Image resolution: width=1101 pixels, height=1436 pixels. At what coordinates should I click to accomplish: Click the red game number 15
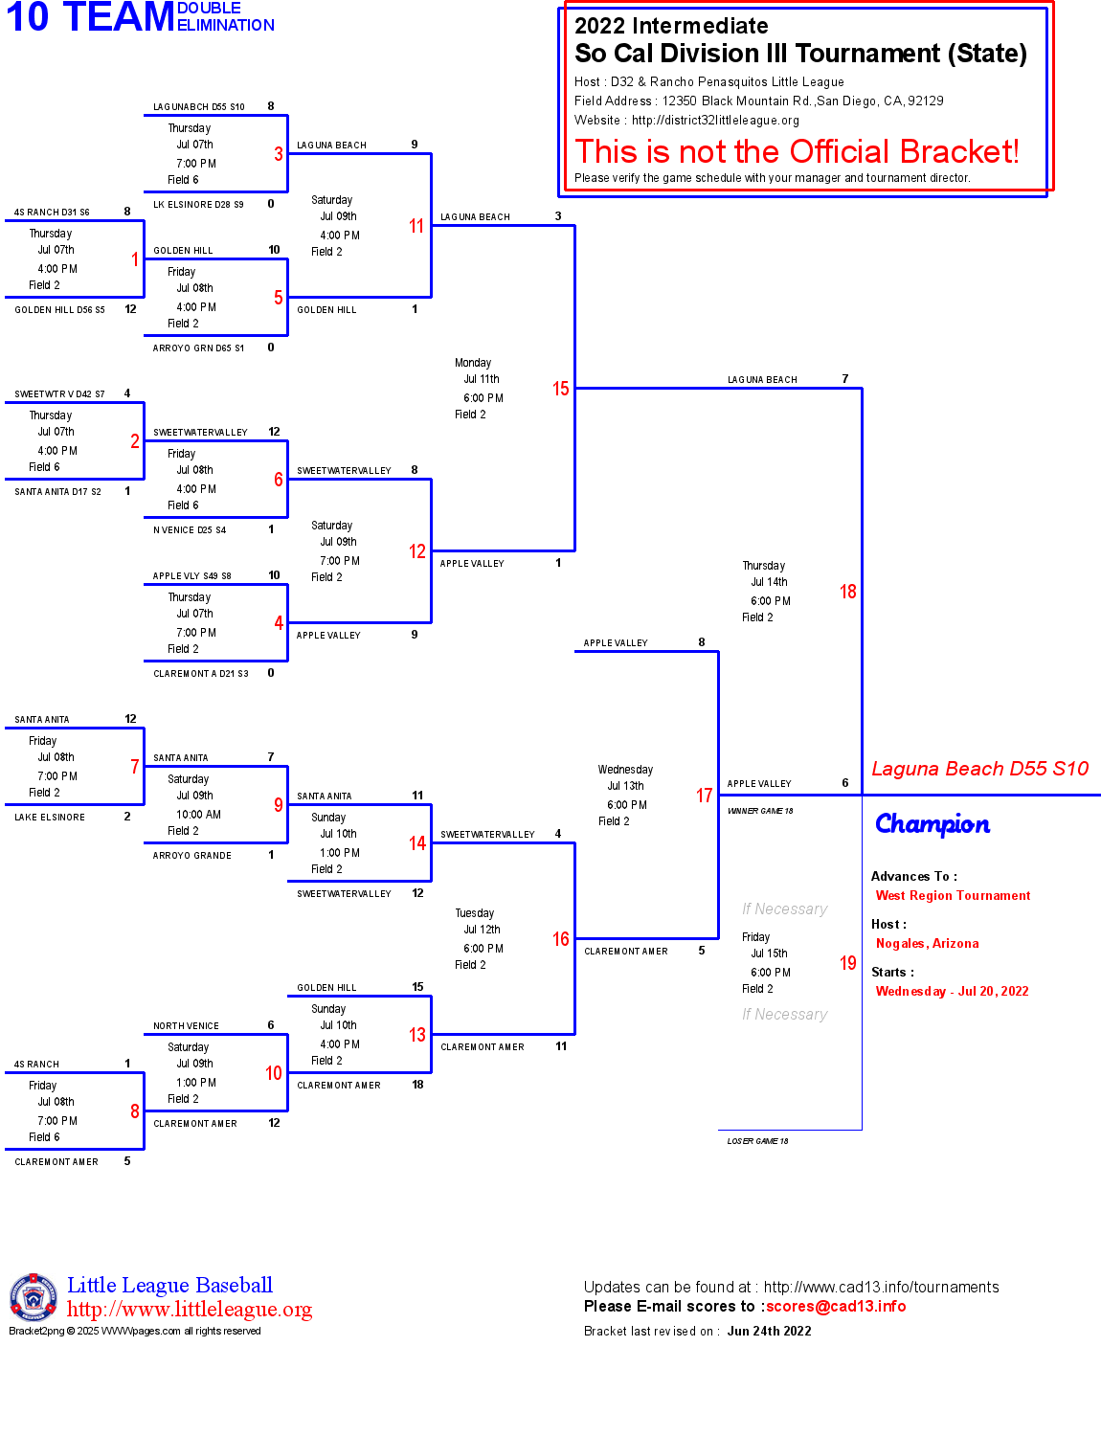560,389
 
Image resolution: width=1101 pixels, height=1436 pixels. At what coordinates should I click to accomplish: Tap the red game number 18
847,592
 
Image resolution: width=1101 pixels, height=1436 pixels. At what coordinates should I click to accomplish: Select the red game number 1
135,259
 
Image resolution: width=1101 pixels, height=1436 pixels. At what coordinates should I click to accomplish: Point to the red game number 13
416,1035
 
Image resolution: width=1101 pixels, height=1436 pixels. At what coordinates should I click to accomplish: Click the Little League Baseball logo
34,1297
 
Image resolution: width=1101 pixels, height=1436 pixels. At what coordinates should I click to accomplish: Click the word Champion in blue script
932,824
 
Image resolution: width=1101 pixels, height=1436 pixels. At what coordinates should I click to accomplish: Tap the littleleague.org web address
190,1310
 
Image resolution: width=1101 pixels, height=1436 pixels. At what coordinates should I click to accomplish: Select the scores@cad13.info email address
836,1306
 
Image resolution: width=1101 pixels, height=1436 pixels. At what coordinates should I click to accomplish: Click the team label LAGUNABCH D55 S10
199,107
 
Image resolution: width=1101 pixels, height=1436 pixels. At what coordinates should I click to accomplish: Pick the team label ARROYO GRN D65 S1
198,348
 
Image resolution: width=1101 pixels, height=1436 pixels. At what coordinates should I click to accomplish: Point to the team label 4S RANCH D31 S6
52,213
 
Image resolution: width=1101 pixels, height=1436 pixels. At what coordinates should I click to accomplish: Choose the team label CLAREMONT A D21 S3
201,674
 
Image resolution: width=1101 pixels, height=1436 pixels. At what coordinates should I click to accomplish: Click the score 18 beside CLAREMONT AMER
417,1085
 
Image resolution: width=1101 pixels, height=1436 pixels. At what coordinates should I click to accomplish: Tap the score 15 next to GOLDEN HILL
417,987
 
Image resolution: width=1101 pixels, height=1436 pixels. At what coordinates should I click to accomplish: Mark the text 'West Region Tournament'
953,896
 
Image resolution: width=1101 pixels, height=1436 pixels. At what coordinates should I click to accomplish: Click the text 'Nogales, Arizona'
927,944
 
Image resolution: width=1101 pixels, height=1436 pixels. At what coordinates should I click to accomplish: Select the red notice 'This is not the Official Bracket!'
797,151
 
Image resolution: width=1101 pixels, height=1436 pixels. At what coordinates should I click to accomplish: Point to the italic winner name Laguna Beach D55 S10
979,769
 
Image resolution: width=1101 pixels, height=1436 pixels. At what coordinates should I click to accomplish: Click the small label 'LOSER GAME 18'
757,1141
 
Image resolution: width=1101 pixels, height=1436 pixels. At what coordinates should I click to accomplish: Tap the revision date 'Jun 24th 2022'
769,1331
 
